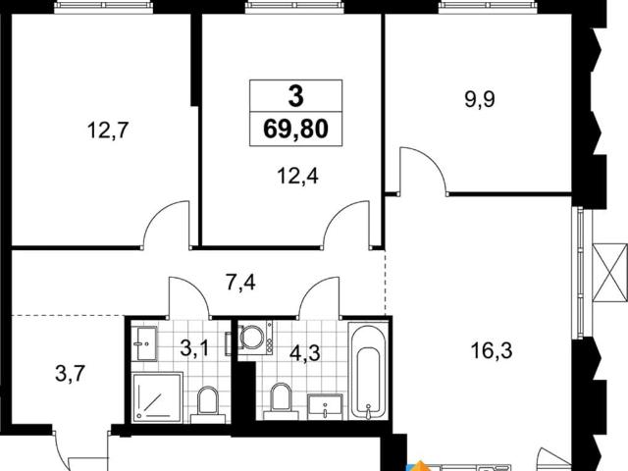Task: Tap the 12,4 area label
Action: click(297, 176)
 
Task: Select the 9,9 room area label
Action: click(480, 99)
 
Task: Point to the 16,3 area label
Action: click(492, 351)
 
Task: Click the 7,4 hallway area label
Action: click(240, 283)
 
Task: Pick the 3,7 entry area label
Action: click(70, 375)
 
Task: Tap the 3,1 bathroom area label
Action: click(194, 348)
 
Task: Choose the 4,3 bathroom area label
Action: click(305, 353)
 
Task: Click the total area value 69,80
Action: click(295, 129)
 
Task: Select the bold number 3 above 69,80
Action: click(295, 96)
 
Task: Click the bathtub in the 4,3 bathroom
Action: click(369, 371)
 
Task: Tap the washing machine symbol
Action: click(255, 337)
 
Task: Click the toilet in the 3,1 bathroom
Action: click(208, 404)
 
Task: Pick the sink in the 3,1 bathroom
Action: click(144, 343)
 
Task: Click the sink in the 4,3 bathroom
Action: click(325, 406)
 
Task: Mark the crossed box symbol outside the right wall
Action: click(609, 273)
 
